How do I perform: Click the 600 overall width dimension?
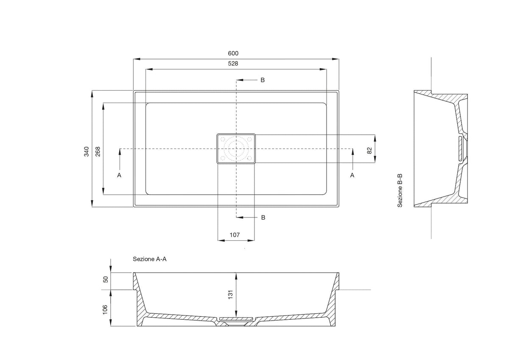(x=233, y=53)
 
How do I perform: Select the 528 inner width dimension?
(x=233, y=64)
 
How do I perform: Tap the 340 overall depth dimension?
(x=87, y=151)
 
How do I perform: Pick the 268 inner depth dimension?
(x=98, y=151)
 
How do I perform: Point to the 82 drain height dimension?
(x=370, y=151)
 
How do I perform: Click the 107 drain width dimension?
(x=235, y=235)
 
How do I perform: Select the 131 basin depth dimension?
(x=231, y=295)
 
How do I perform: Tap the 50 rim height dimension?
(x=106, y=279)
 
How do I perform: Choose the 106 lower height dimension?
(x=105, y=310)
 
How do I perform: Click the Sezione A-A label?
(x=150, y=259)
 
